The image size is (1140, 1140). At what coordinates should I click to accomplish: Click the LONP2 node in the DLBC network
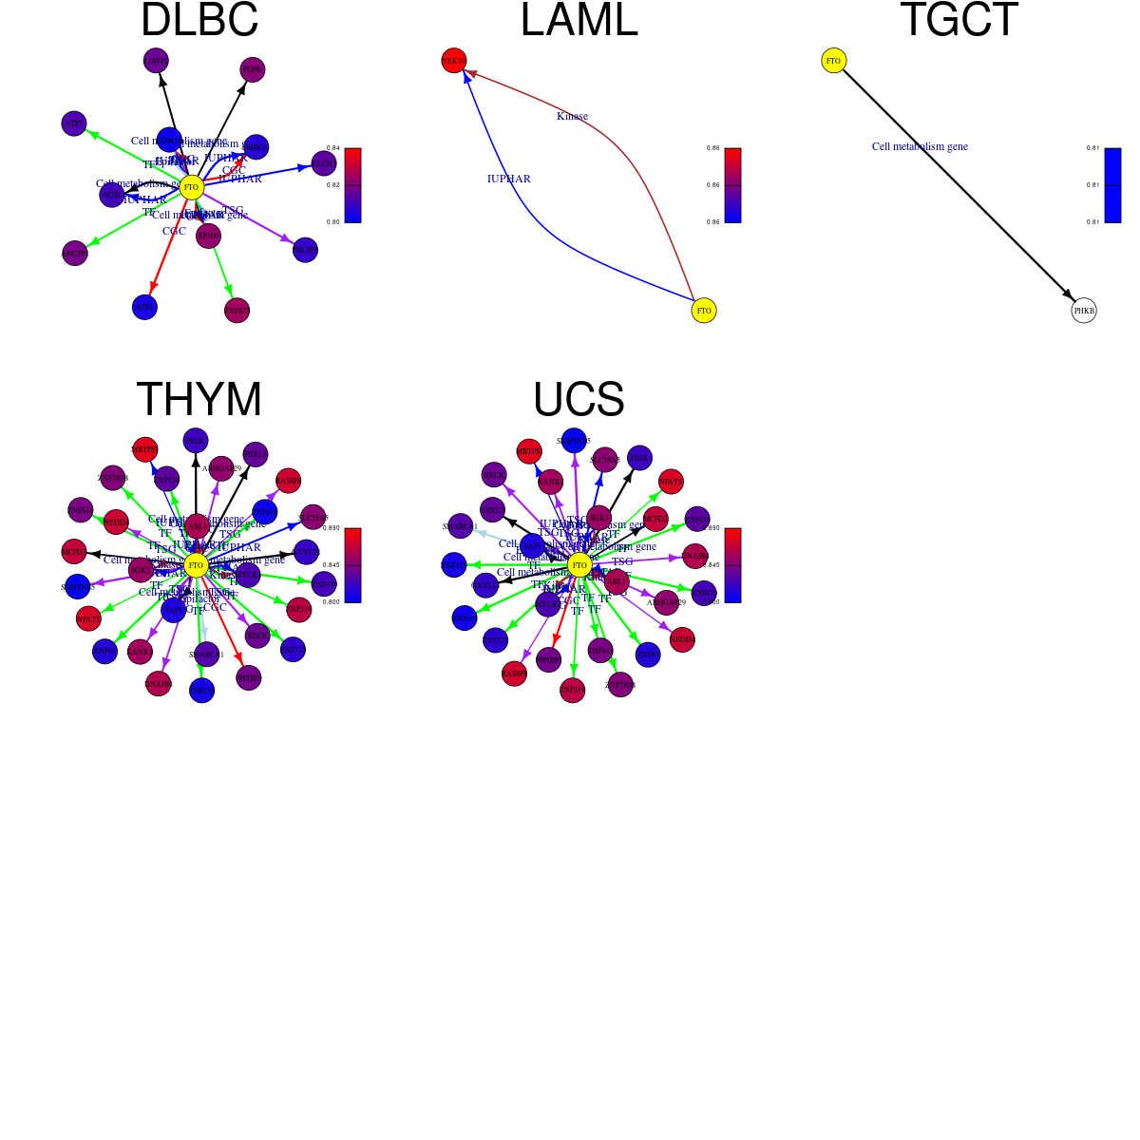[x=156, y=61]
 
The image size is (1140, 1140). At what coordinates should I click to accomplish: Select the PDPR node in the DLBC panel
[x=252, y=69]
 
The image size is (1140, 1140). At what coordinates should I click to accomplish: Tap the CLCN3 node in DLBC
[x=324, y=163]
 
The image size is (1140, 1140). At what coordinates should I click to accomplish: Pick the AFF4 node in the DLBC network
[x=144, y=307]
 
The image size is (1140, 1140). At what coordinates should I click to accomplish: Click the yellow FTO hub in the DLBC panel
[x=192, y=187]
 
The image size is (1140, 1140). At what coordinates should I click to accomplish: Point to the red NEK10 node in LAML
[x=454, y=61]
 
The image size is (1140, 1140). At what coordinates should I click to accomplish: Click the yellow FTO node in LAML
[x=704, y=311]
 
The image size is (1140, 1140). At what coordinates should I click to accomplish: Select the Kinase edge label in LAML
[x=572, y=116]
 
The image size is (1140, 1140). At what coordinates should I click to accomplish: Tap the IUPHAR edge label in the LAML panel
[x=508, y=179]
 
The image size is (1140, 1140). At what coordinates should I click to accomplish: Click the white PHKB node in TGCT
[x=1084, y=311]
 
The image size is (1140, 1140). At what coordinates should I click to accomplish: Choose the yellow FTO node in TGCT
[x=833, y=61]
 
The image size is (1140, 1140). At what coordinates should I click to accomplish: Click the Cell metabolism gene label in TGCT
[x=920, y=146]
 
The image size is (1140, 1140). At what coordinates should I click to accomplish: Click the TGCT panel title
[x=959, y=21]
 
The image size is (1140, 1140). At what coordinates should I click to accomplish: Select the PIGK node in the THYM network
[x=196, y=441]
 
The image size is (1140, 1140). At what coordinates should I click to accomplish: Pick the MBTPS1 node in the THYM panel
[x=144, y=449]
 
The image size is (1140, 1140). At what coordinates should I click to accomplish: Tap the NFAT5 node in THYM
[x=88, y=619]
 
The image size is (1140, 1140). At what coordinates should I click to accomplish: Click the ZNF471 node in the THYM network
[x=202, y=691]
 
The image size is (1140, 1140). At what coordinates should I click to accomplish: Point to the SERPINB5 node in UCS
[x=574, y=441]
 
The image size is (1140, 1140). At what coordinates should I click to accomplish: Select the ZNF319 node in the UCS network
[x=572, y=691]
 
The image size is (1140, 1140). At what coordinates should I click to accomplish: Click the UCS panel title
[x=579, y=400]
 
